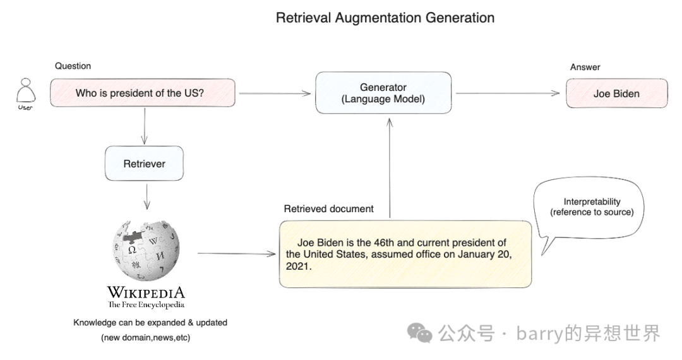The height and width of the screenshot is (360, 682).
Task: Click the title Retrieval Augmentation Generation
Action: point(385,18)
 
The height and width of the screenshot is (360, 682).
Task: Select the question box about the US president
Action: point(143,93)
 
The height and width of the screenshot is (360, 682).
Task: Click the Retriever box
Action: point(144,164)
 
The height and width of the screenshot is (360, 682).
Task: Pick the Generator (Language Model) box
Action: point(383,93)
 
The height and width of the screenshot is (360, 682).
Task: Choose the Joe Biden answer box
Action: point(616,93)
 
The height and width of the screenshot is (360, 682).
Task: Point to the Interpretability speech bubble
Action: point(590,208)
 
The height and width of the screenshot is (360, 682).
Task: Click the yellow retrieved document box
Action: point(405,254)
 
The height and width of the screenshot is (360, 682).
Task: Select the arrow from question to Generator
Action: point(275,94)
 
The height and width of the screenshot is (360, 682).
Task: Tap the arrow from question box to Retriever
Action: point(145,126)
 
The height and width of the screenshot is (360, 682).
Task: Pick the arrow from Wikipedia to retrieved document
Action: point(237,254)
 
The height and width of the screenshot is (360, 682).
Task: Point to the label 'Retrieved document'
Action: point(328,209)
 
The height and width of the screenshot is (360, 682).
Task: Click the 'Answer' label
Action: point(585,67)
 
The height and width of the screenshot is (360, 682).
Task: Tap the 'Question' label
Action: point(73,66)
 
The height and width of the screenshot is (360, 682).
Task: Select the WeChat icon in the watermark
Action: point(419,332)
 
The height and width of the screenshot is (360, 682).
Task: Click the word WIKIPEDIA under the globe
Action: point(146,292)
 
